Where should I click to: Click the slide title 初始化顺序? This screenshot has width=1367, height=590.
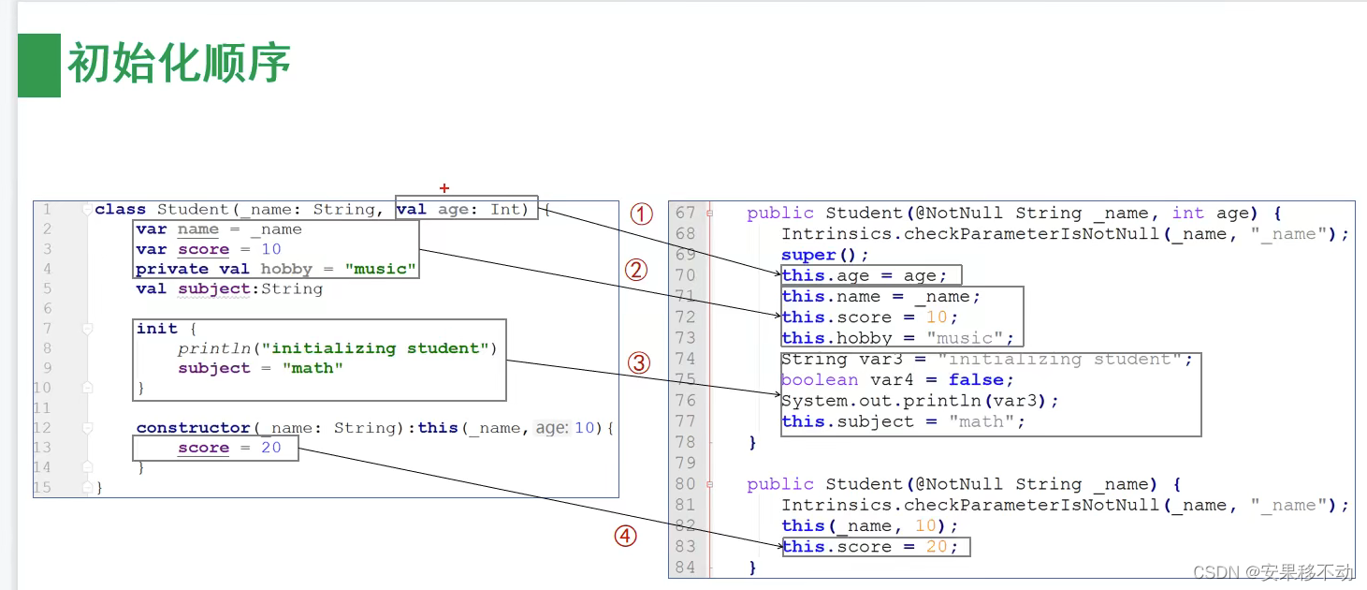[179, 64]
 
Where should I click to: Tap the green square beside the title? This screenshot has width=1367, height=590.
[39, 66]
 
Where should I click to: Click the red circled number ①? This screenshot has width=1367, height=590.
[641, 214]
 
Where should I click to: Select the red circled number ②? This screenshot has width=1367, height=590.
[636, 271]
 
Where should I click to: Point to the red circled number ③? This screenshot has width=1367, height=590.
[639, 363]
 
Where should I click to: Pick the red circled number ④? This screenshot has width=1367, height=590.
[625, 537]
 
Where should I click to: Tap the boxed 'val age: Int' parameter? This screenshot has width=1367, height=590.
[465, 209]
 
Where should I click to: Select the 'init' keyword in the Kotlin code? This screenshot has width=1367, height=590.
[156, 329]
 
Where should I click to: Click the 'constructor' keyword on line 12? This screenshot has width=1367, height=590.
[193, 428]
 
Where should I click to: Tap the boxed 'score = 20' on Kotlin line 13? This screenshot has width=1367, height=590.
[229, 449]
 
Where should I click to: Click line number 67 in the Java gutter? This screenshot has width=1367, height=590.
[685, 214]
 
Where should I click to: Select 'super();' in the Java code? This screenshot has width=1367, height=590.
[825, 255]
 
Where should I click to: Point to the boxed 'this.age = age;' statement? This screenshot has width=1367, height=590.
[865, 275]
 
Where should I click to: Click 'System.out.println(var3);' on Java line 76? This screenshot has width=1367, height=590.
[920, 401]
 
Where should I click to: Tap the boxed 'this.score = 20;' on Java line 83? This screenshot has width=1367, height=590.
[870, 547]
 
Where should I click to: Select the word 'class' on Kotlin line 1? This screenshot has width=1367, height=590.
[121, 209]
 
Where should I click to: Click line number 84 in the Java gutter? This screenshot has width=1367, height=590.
[685, 568]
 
